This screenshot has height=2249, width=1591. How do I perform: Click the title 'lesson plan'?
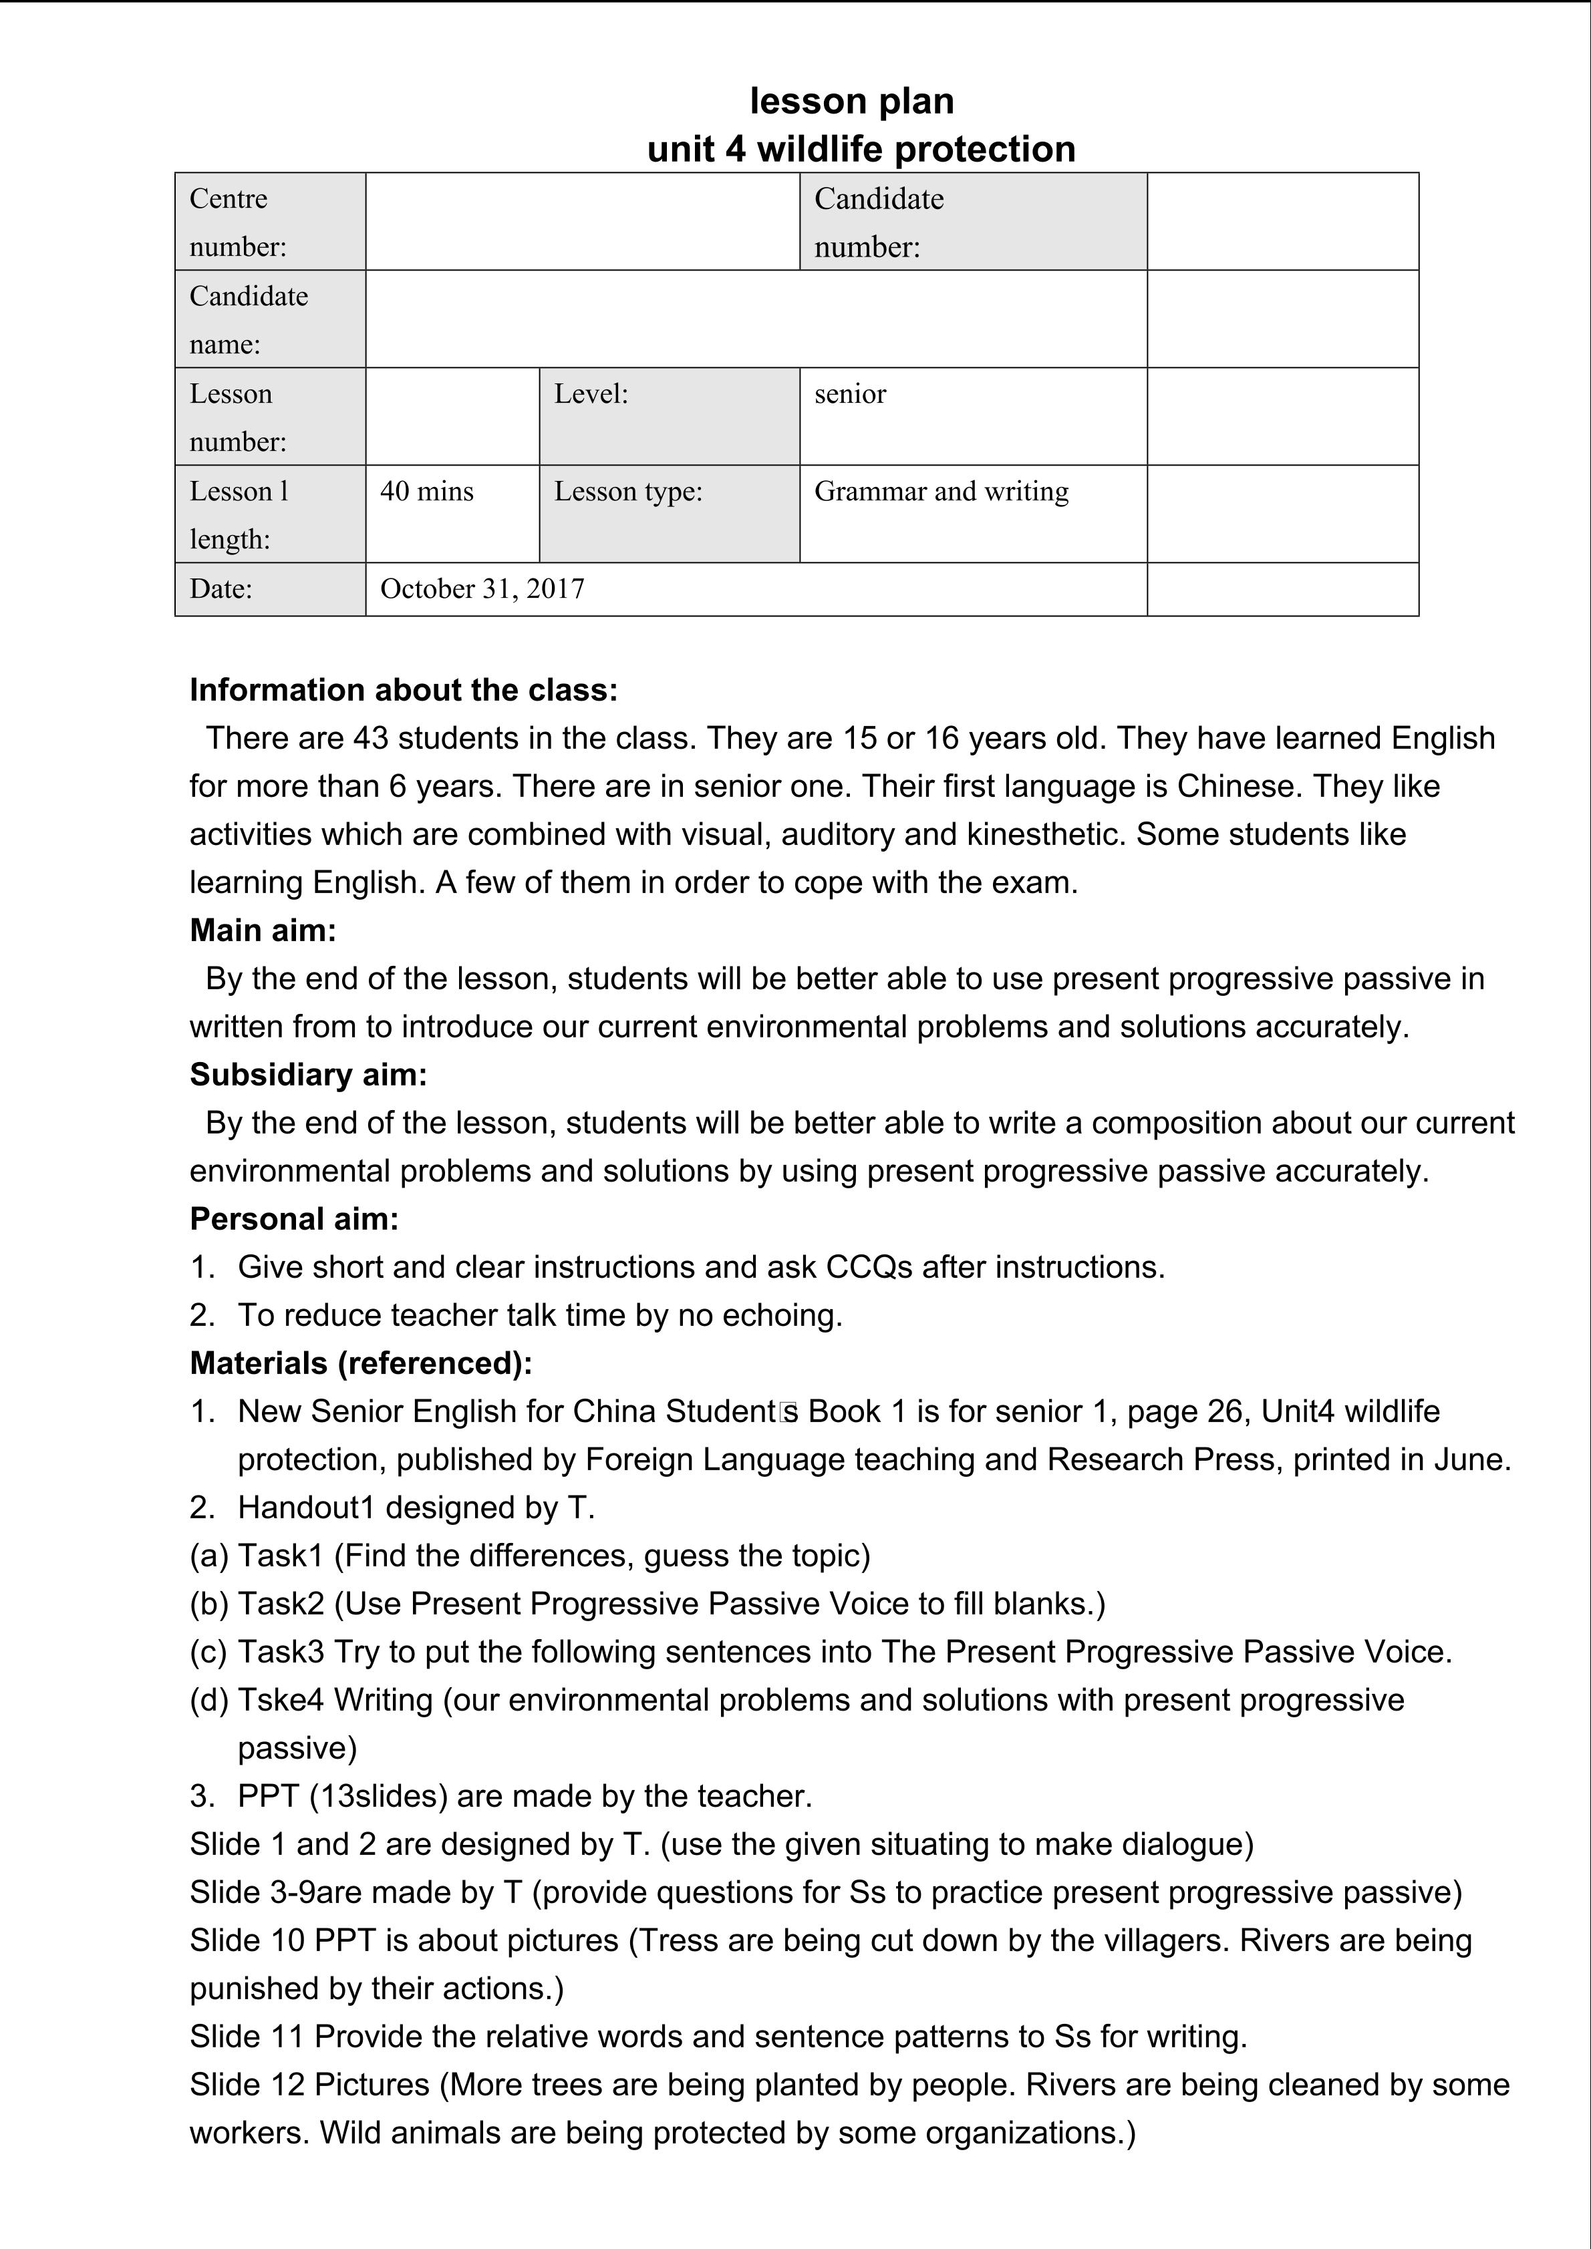(851, 101)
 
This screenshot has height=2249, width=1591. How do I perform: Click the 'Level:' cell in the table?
(668, 415)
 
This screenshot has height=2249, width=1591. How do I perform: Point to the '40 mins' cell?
(452, 513)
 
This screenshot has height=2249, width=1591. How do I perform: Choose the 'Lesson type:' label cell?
(668, 513)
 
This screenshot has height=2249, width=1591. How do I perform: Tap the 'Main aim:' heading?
(263, 930)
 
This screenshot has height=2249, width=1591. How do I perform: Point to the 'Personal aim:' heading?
(294, 1218)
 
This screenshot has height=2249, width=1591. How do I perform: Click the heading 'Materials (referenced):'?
(361, 1363)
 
